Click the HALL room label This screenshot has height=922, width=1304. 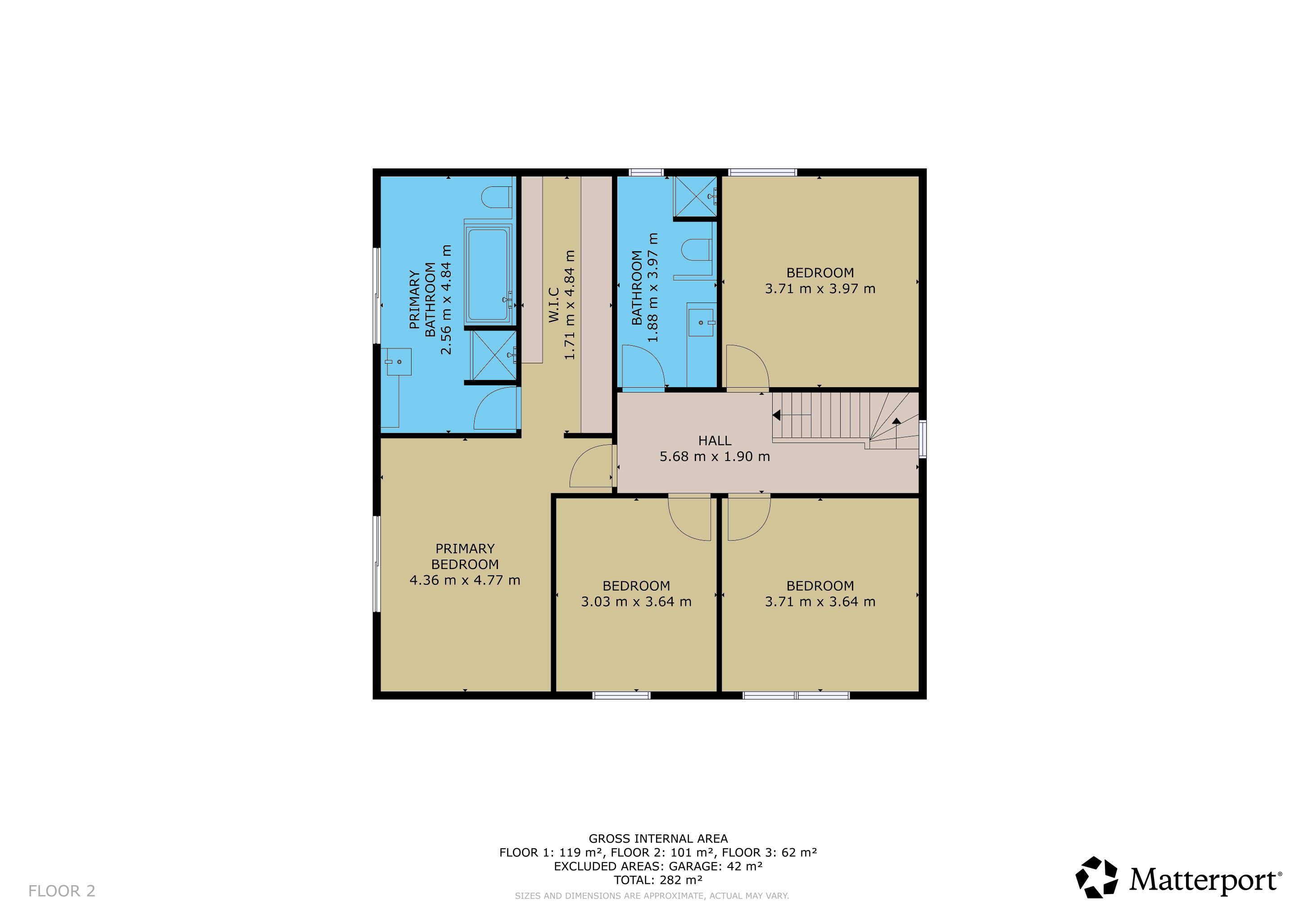[x=715, y=441]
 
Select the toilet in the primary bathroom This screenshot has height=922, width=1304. [x=496, y=197]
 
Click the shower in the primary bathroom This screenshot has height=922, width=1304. [x=494, y=355]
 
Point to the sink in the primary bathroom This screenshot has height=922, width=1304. [x=398, y=362]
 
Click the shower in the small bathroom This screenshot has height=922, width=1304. [x=695, y=196]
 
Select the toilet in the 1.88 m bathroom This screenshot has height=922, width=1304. [x=696, y=250]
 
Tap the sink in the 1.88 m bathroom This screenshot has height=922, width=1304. [x=701, y=322]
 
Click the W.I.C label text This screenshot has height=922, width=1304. [x=554, y=305]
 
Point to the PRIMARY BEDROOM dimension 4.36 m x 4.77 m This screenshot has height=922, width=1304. [x=465, y=580]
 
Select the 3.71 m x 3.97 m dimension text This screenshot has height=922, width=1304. [x=820, y=289]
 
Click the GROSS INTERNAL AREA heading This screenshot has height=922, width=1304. [x=658, y=839]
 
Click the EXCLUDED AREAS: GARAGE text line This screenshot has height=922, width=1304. [x=658, y=866]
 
